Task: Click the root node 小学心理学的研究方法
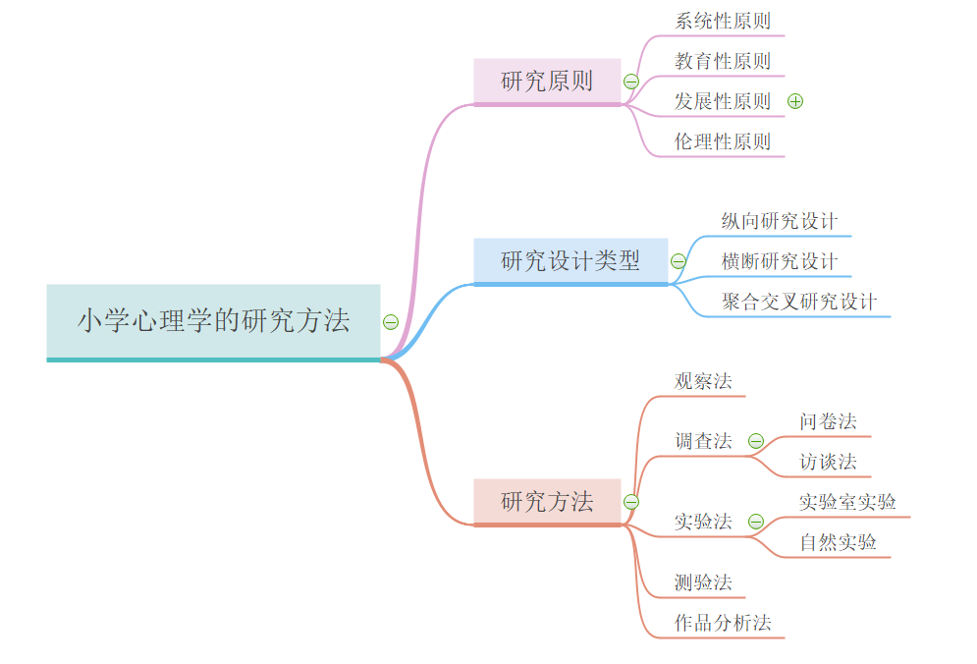pos(213,321)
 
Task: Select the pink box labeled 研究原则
pos(547,82)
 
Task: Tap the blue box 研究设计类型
pos(570,261)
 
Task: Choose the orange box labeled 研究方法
pos(547,502)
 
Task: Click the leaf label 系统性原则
pos(723,21)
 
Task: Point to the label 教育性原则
pos(723,61)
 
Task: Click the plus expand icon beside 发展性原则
pos(795,101)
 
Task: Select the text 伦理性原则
pos(723,141)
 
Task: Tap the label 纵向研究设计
pos(780,221)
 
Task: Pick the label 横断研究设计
pos(780,261)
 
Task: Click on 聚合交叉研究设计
pos(799,302)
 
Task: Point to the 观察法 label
pos(703,381)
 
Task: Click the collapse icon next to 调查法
pos(755,441)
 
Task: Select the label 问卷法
pos(828,421)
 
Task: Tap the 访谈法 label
pos(828,462)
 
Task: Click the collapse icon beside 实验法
pos(755,522)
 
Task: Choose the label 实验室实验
pos(847,502)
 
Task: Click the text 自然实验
pos(838,542)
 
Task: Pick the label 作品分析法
pos(723,623)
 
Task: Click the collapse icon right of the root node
pos(391,322)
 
